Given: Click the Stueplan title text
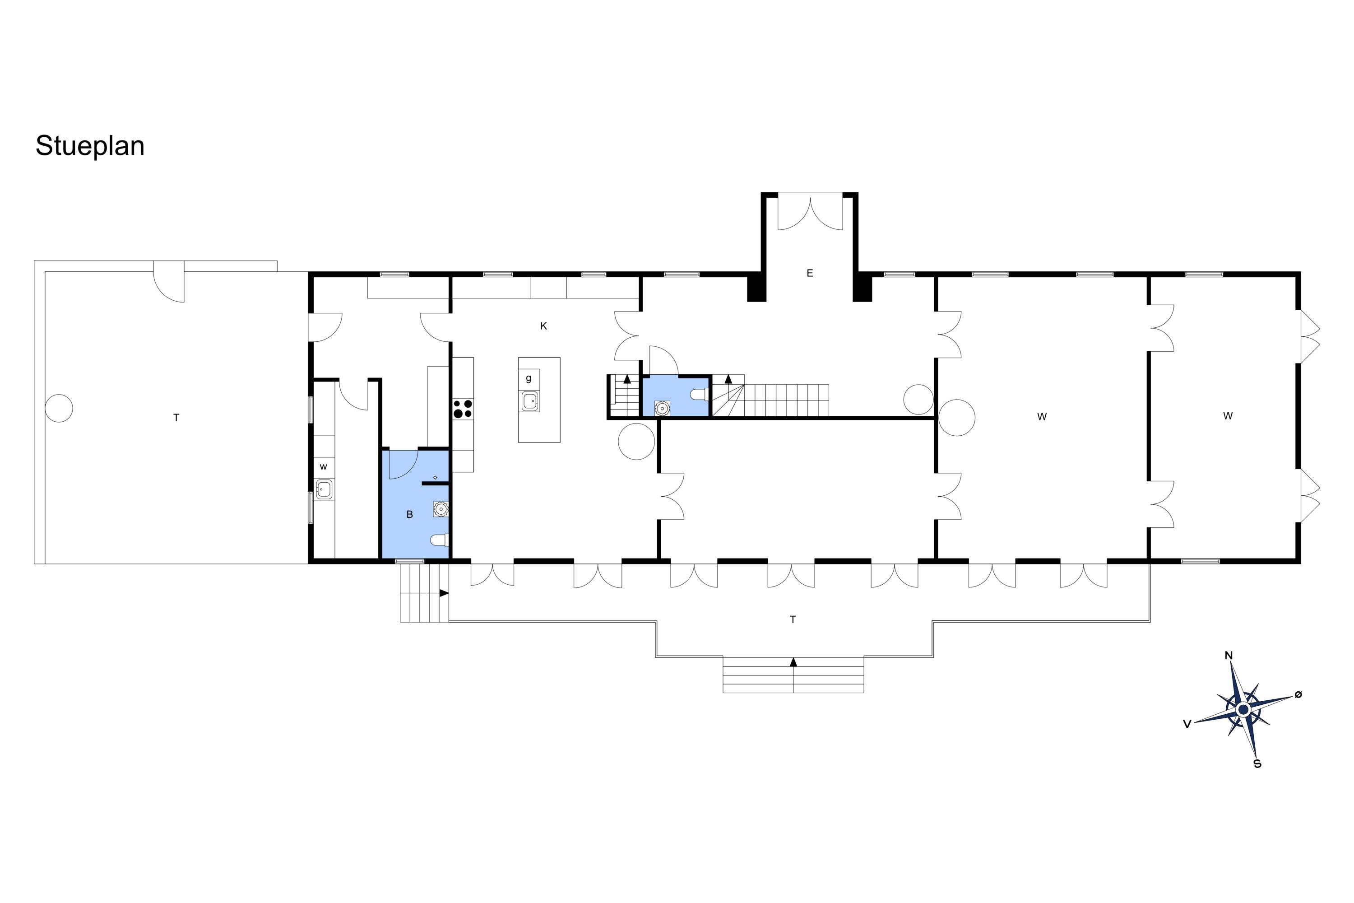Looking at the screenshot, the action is click(90, 146).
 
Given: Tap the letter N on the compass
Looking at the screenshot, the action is click(1229, 656).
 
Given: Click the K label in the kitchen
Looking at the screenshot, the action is click(543, 326).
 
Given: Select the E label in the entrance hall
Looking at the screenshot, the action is click(809, 273).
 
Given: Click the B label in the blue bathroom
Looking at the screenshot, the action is click(410, 514).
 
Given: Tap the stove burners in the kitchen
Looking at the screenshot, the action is click(463, 408).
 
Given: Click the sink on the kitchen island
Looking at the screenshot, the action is click(530, 401).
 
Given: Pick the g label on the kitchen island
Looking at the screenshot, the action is click(529, 379).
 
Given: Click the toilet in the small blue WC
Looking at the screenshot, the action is click(699, 395).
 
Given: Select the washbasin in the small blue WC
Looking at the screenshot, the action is click(662, 408).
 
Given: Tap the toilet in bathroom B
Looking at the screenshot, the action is click(439, 540).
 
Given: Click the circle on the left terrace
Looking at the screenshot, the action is click(59, 408).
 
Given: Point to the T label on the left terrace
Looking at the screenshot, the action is click(176, 418).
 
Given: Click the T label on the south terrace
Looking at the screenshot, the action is click(793, 619).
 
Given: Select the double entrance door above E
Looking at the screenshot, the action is click(810, 214).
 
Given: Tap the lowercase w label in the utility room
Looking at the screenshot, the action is click(324, 466).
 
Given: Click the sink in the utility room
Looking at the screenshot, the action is click(324, 489).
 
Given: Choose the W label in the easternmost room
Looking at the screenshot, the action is click(1228, 416).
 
